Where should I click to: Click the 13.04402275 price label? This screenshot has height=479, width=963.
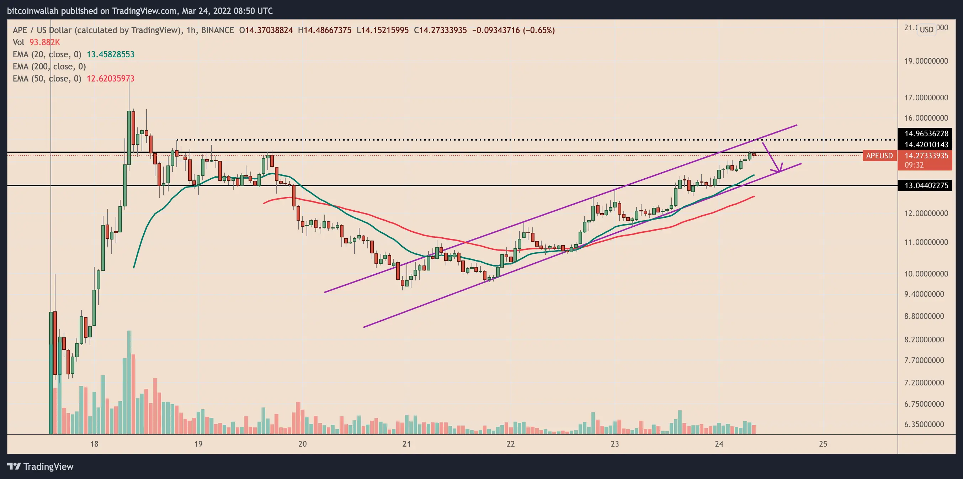tap(926, 185)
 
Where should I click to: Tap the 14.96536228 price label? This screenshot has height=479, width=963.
tap(926, 133)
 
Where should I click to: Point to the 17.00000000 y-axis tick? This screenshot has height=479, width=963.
tap(926, 98)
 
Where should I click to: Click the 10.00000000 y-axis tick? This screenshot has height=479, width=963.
tap(926, 274)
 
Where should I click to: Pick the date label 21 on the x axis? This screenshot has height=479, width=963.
tap(406, 444)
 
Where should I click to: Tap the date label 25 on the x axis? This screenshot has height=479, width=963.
tap(823, 444)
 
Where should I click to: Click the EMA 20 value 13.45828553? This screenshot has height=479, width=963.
tap(110, 54)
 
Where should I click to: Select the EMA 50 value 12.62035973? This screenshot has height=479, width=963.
tap(110, 79)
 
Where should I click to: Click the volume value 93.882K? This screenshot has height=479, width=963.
tap(44, 42)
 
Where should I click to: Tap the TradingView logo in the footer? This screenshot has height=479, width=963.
tap(41, 466)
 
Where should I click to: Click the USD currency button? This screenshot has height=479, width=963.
tap(926, 29)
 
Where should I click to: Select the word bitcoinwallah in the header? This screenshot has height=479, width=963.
tap(32, 11)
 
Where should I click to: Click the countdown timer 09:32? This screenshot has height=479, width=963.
tap(914, 165)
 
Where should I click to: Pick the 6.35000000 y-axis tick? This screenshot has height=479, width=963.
tap(926, 424)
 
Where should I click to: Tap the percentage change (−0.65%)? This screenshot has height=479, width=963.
tap(539, 30)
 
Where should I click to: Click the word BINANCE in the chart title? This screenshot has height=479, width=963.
tap(217, 30)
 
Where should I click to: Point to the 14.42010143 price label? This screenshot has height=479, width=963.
tap(926, 144)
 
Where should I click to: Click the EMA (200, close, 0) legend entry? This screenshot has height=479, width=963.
tap(49, 67)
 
